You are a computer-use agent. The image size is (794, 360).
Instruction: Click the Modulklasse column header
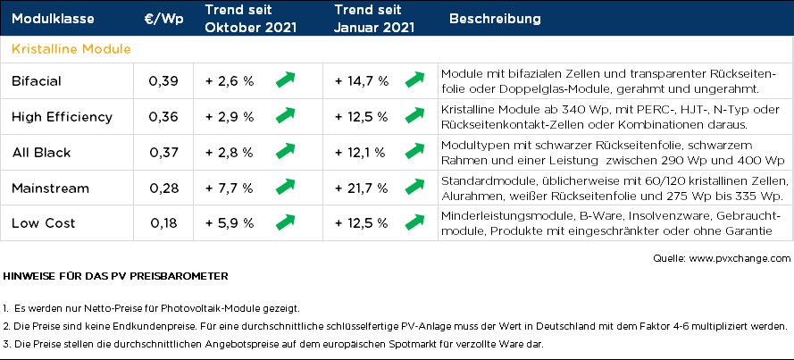tap(54, 18)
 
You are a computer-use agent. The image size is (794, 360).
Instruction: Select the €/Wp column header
tap(163, 18)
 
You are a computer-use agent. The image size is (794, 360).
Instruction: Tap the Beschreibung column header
tap(495, 18)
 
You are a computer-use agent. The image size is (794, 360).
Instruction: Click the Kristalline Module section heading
tap(71, 48)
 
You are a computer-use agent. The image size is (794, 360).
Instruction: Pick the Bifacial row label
tap(38, 81)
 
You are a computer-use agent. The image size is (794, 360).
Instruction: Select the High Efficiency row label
tap(62, 117)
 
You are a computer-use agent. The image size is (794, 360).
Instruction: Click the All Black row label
tap(41, 153)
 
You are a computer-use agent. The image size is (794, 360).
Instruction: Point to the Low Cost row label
tap(44, 222)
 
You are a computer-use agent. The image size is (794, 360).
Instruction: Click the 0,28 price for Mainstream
tap(163, 188)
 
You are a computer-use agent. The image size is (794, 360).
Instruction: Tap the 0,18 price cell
tap(163, 222)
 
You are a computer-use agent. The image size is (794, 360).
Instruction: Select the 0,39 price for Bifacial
tap(163, 81)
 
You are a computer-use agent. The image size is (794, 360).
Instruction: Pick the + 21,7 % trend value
tap(362, 188)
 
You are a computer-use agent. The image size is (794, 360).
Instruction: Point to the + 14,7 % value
tap(362, 81)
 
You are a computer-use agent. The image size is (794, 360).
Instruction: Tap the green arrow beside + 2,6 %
tap(285, 80)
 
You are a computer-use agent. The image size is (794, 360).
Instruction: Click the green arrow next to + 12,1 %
tap(414, 152)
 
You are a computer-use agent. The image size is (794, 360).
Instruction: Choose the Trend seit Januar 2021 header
tap(374, 18)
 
